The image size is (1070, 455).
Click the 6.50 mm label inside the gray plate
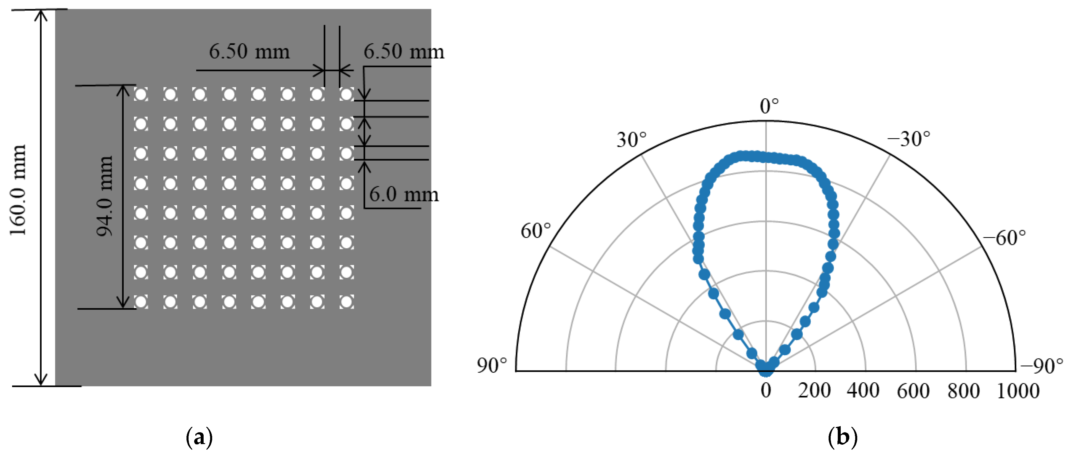tap(249, 52)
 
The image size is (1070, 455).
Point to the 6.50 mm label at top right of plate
tap(404, 52)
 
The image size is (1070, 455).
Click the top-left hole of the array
tap(141, 94)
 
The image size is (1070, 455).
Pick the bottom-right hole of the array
tap(346, 302)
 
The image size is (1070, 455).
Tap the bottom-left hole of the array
tap(141, 302)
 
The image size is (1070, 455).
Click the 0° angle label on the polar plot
tap(769, 106)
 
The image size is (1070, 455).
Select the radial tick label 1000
tap(1018, 391)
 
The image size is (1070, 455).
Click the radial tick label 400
tap(863, 391)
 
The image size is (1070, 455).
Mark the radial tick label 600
tap(913, 391)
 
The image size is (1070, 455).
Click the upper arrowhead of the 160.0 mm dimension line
tap(41, 15)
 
